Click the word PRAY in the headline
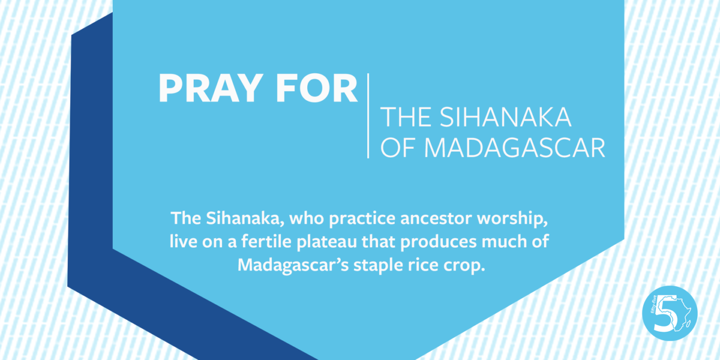click(x=209, y=88)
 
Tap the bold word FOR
click(x=317, y=88)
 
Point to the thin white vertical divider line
click(x=368, y=116)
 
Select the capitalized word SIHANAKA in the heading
click(x=506, y=117)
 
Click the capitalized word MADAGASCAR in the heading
click(x=514, y=148)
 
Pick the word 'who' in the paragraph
click(x=307, y=218)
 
